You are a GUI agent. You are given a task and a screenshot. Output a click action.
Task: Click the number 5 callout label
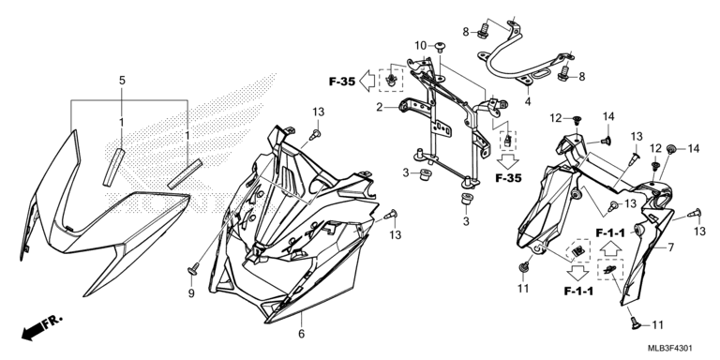click(122, 81)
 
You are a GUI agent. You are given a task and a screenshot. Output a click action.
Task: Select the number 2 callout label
click(380, 108)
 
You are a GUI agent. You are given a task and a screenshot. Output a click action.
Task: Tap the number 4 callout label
click(528, 101)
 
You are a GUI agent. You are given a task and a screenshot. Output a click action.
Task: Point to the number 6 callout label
click(301, 334)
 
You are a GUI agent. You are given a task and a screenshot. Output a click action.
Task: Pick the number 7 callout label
click(671, 247)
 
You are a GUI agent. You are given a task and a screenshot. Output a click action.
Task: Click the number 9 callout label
click(191, 292)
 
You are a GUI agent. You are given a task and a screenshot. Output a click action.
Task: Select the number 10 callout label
click(421, 45)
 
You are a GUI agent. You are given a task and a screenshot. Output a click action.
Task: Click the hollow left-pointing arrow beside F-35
click(367, 82)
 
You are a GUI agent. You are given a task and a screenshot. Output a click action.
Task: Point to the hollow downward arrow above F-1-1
click(577, 274)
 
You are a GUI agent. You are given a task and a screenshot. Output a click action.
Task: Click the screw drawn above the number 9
click(194, 268)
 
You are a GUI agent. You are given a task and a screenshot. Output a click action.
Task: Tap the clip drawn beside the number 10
click(440, 46)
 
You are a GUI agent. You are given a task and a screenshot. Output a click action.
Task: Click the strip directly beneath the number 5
click(113, 166)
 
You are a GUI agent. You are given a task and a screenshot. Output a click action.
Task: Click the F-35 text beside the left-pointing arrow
click(342, 82)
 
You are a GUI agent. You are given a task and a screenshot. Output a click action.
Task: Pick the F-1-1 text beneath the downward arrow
click(577, 292)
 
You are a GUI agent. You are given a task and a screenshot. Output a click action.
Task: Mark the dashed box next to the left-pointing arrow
click(391, 81)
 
